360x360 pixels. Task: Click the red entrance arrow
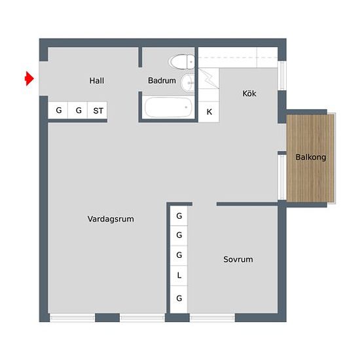pyautogui.click(x=29, y=79)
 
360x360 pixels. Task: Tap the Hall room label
pyautogui.click(x=97, y=81)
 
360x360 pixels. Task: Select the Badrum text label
pyautogui.click(x=162, y=81)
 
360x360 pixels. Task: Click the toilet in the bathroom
pyautogui.click(x=181, y=62)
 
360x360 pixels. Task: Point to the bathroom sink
pyautogui.click(x=188, y=83)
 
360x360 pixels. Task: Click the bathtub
pyautogui.click(x=168, y=107)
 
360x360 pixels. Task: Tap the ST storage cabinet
pyautogui.click(x=98, y=110)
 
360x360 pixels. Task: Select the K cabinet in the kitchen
pyautogui.click(x=209, y=111)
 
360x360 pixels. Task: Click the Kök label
pyautogui.click(x=249, y=94)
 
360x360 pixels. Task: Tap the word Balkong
pyautogui.click(x=311, y=157)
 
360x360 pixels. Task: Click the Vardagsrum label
pyautogui.click(x=111, y=219)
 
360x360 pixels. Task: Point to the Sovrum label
pyautogui.click(x=238, y=259)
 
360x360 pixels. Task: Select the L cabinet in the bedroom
pyautogui.click(x=179, y=276)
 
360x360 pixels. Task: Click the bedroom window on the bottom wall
pyautogui.click(x=212, y=317)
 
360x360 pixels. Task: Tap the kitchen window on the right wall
pyautogui.click(x=282, y=75)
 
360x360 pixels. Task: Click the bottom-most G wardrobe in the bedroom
pyautogui.click(x=179, y=299)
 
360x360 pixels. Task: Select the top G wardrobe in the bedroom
pyautogui.click(x=179, y=216)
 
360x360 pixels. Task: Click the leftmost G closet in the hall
pyautogui.click(x=58, y=110)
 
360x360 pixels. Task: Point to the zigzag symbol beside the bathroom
pyautogui.click(x=208, y=79)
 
